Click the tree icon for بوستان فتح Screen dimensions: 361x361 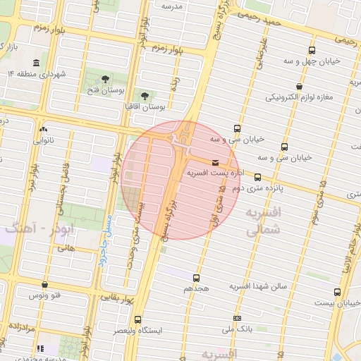106,78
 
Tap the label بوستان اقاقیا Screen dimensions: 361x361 143,107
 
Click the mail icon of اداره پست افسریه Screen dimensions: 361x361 215,162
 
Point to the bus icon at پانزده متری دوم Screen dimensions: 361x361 258,178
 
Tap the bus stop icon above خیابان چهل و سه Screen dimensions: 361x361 312,51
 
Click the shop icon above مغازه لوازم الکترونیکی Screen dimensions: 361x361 300,87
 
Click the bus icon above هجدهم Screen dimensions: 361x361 196,278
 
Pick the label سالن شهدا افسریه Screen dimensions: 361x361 259,286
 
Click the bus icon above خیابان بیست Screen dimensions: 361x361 337,292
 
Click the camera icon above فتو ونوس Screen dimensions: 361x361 45,285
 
